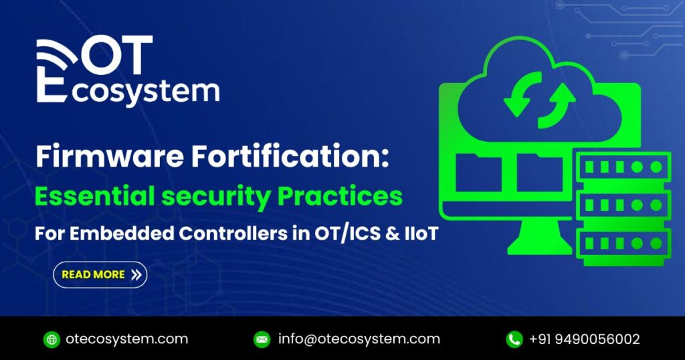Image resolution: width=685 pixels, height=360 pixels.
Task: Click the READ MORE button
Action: tap(100, 274)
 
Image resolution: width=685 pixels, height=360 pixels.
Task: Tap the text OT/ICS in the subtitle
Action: tap(326, 236)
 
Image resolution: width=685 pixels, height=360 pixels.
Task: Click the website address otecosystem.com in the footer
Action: tap(126, 339)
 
